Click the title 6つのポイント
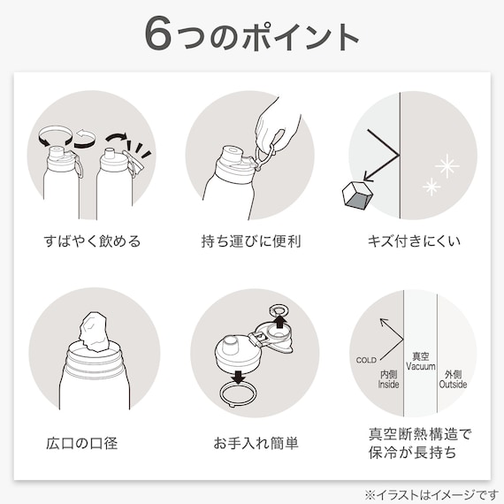252,35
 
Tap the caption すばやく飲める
92,241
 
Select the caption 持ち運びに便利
252,241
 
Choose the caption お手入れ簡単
252,441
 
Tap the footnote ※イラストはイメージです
426,493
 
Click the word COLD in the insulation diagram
366,360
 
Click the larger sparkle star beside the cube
447,164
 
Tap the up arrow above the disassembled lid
279,321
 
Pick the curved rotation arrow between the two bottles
84,137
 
